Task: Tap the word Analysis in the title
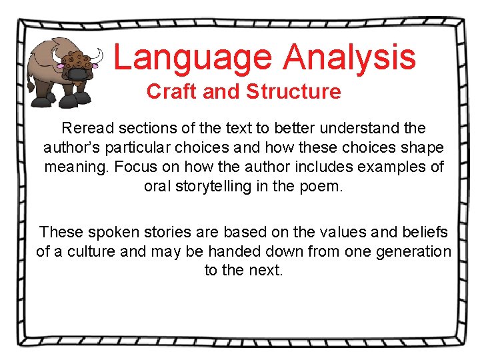pos(349,57)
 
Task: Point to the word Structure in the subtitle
pos(294,91)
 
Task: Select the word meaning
pos(76,167)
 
